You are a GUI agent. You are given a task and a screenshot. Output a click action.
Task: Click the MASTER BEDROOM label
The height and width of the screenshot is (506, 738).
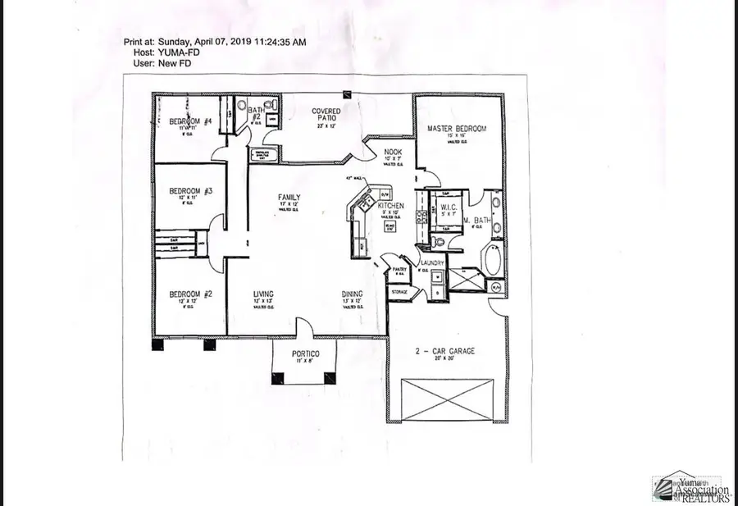coord(457,129)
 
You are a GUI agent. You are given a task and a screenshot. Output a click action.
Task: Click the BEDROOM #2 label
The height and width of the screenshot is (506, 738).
coord(185,294)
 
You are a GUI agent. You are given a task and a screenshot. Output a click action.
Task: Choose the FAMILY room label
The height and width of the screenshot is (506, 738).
coord(289,198)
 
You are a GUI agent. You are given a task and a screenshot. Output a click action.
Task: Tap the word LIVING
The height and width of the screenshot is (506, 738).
coord(263,294)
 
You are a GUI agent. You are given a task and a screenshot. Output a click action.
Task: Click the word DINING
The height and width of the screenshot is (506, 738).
coord(353,294)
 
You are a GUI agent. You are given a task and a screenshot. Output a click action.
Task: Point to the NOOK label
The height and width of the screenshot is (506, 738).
coord(381,152)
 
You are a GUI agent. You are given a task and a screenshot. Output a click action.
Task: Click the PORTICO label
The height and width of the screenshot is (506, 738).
coord(304,353)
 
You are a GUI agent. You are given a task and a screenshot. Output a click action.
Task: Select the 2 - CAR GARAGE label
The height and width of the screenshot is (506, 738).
coord(445,351)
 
